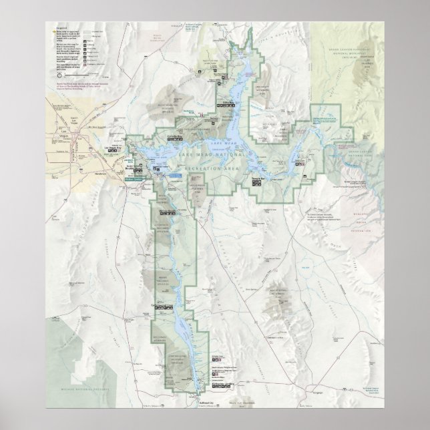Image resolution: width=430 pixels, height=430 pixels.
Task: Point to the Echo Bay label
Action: click(x=230, y=102)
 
